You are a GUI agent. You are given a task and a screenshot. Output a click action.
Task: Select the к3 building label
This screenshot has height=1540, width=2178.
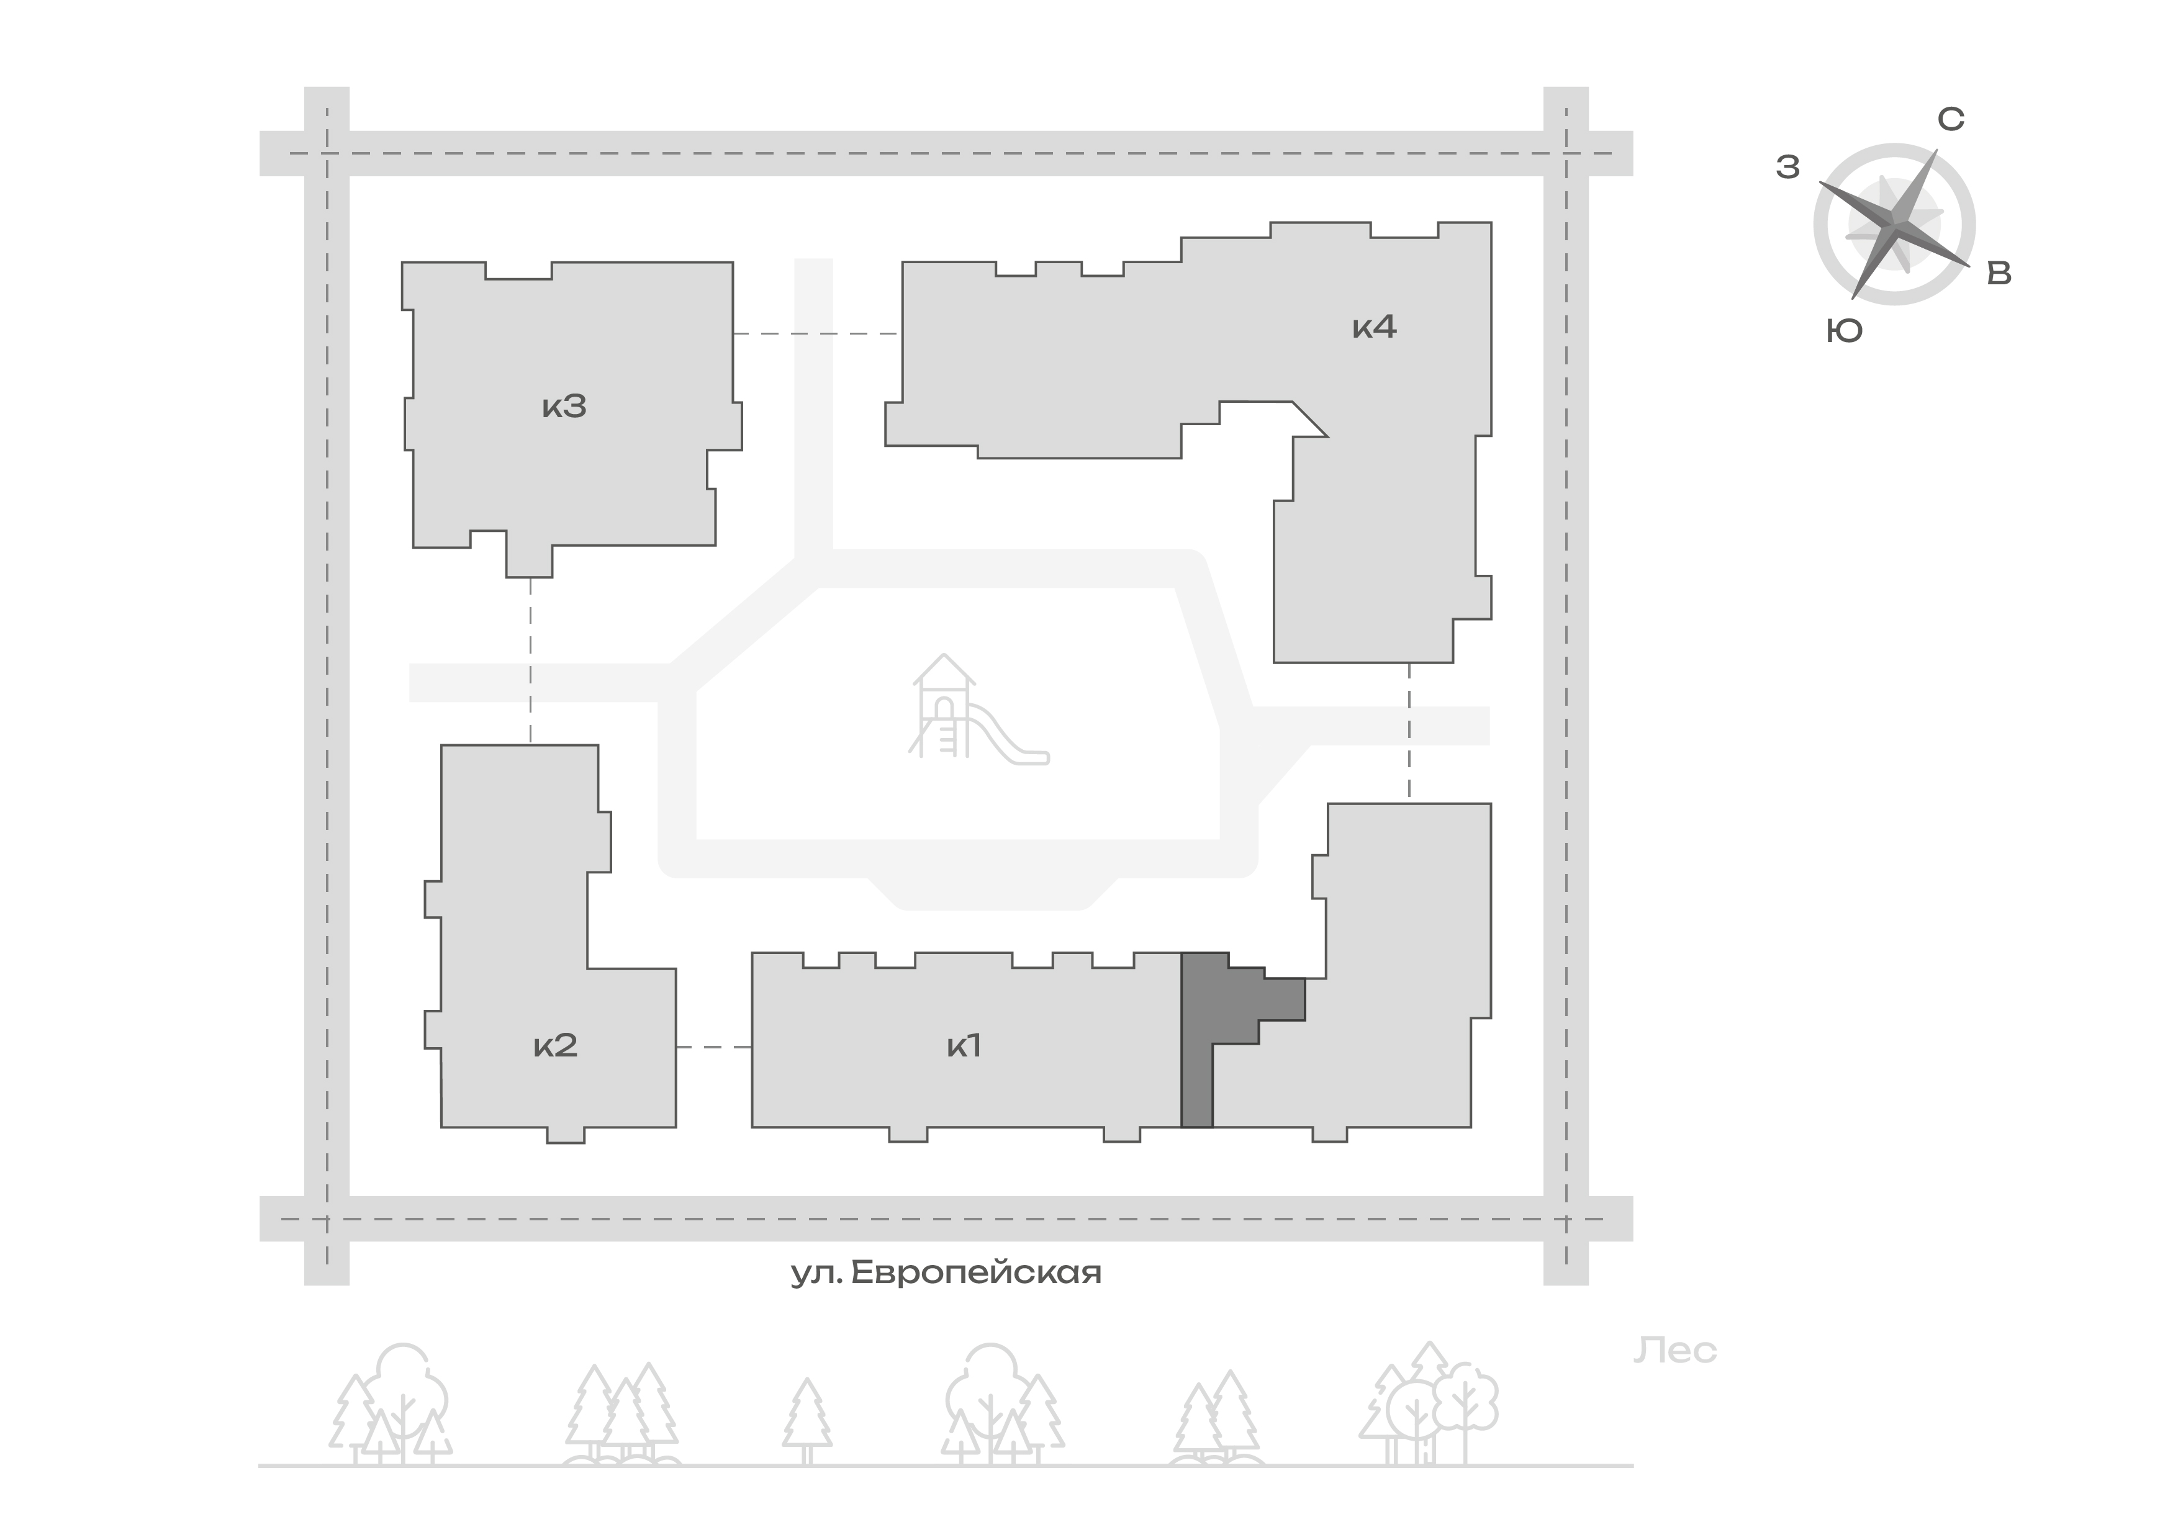564,407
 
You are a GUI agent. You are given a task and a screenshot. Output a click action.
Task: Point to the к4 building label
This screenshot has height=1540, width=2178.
1375,327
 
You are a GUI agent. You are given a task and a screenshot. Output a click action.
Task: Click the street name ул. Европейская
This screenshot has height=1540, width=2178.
947,1272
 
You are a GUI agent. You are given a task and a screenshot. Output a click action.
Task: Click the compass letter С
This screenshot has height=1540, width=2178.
1950,119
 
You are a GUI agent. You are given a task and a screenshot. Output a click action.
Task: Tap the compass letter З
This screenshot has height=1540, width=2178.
1788,167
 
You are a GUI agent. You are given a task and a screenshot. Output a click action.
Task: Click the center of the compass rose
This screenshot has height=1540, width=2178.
1894,225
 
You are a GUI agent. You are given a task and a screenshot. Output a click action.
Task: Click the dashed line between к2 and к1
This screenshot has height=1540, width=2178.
714,1047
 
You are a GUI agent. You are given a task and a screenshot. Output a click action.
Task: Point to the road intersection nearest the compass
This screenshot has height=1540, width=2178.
1566,153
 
